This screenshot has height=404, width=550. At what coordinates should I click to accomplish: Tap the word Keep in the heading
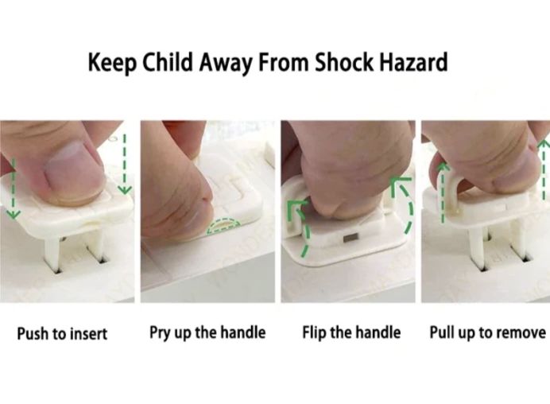111,62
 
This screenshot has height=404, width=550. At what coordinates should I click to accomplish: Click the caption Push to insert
62,333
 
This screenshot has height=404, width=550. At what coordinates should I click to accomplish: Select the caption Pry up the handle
207,332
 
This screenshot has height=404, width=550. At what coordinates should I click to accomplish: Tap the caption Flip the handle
351,332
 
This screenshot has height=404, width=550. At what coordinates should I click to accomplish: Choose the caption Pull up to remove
487,332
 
